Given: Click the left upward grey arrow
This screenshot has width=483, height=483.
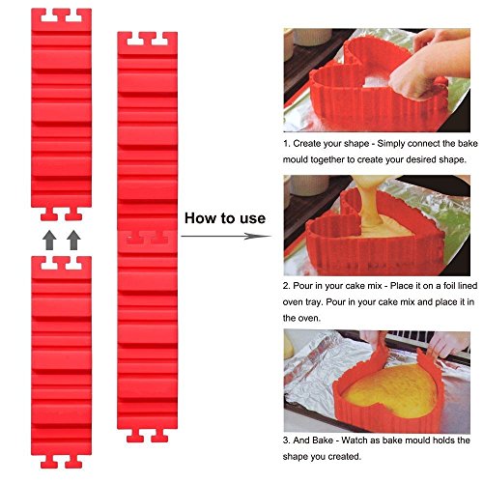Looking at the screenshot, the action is coord(49,241).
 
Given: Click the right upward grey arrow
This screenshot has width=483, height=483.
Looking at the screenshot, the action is coord(73,241).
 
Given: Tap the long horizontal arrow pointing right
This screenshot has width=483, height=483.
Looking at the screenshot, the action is coord(226,236).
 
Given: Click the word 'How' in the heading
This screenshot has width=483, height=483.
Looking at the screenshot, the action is coord(199,218).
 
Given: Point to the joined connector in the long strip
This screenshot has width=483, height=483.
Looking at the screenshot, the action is coord(148,239).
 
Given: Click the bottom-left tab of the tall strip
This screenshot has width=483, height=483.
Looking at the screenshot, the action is coord(135,436).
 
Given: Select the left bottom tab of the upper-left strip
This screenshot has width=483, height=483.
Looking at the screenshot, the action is coord(49,214).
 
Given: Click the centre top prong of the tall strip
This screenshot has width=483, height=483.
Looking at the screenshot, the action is coord(148,38).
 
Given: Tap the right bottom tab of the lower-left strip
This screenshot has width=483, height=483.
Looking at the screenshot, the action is coord(73,462).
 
